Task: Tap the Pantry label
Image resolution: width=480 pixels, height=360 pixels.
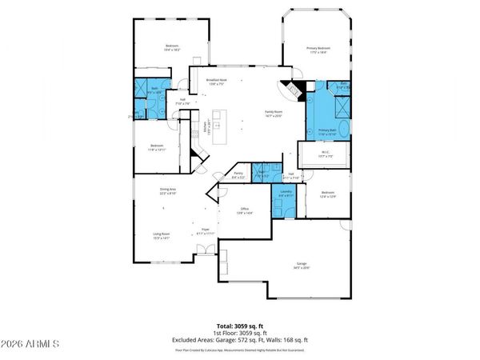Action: pyautogui.click(x=238, y=174)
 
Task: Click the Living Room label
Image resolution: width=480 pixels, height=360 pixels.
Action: pyautogui.click(x=165, y=235)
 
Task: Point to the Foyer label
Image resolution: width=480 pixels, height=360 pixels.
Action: pyautogui.click(x=205, y=230)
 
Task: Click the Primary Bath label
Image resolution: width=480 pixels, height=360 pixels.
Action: pyautogui.click(x=326, y=131)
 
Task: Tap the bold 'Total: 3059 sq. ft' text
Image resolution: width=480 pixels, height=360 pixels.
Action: pyautogui.click(x=240, y=326)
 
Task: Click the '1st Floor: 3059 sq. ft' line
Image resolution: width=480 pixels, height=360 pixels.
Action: pyautogui.click(x=240, y=333)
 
